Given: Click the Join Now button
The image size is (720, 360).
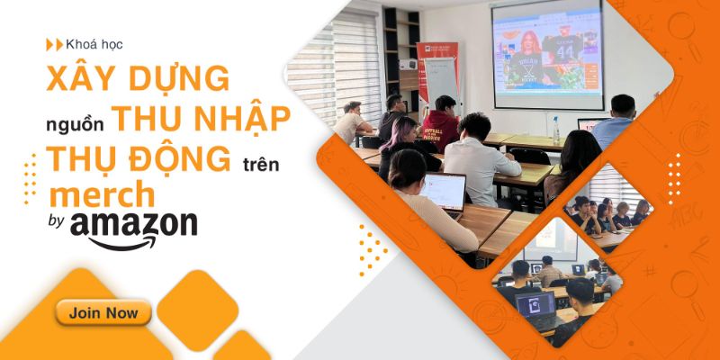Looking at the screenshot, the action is [103, 313].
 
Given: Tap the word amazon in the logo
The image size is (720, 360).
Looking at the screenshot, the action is [133, 224].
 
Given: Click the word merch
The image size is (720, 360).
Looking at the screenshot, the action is [102, 194].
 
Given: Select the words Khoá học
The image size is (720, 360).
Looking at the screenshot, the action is [94, 44].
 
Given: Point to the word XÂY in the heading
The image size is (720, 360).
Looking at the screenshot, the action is [81, 78].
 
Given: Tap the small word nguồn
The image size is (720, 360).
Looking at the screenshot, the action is [75, 125].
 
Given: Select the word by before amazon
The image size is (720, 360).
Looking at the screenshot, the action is [56, 221].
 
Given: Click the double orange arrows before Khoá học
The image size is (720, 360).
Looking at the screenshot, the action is [55, 44].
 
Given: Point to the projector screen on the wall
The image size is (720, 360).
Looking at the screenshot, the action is [547, 55].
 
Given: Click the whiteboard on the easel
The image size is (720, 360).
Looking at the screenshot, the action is [441, 84].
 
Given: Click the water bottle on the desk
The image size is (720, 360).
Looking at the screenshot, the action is [556, 129].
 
